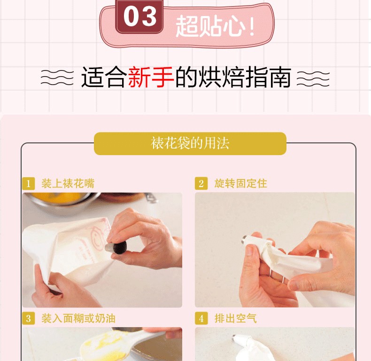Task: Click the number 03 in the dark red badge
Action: point(140,16)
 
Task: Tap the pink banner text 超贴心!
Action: point(215,25)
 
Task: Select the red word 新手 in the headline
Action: point(151,77)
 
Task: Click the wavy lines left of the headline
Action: point(57,78)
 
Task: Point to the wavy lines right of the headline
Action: point(313,78)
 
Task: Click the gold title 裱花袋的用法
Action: point(190,143)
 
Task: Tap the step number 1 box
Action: point(28,184)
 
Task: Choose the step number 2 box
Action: point(201,183)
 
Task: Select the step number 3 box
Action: point(28,318)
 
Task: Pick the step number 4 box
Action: point(201,318)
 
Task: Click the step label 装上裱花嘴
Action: point(68,183)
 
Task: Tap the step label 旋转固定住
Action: point(240,183)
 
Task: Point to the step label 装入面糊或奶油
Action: point(78,318)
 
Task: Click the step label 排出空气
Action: point(235,318)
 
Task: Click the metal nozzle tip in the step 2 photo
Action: point(244,240)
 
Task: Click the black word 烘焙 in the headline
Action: point(221,77)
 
